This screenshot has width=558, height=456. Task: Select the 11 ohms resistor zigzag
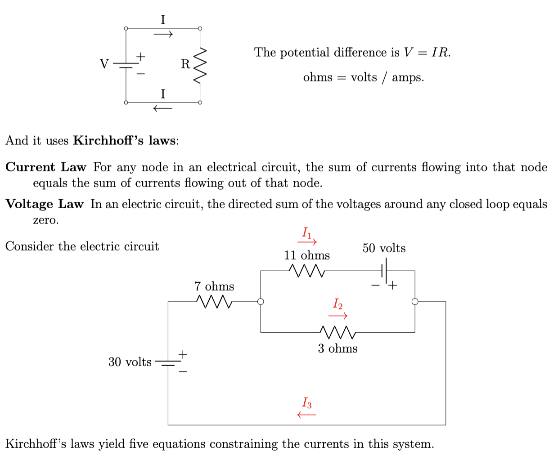point(306,271)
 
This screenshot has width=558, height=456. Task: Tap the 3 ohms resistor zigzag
point(338,333)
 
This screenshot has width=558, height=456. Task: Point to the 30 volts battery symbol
point(168,363)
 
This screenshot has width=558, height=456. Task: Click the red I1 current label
point(306,232)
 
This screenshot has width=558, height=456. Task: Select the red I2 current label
point(337,304)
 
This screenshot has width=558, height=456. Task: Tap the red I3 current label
point(307,402)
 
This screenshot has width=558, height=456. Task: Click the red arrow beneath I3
point(307,415)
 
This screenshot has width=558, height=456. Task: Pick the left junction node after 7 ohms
point(261,301)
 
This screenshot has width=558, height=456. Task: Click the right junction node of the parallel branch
point(415,301)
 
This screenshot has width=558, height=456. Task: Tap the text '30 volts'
point(130,362)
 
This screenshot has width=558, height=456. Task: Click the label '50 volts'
point(384,248)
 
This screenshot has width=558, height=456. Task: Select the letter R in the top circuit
point(185,64)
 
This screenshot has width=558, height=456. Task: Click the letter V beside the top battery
point(104,64)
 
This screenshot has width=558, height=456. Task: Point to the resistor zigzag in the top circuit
point(200,65)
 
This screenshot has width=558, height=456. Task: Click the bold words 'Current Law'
point(45,167)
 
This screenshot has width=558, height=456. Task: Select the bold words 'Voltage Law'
point(45,204)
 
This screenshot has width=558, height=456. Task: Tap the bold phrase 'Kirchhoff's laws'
point(124,141)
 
